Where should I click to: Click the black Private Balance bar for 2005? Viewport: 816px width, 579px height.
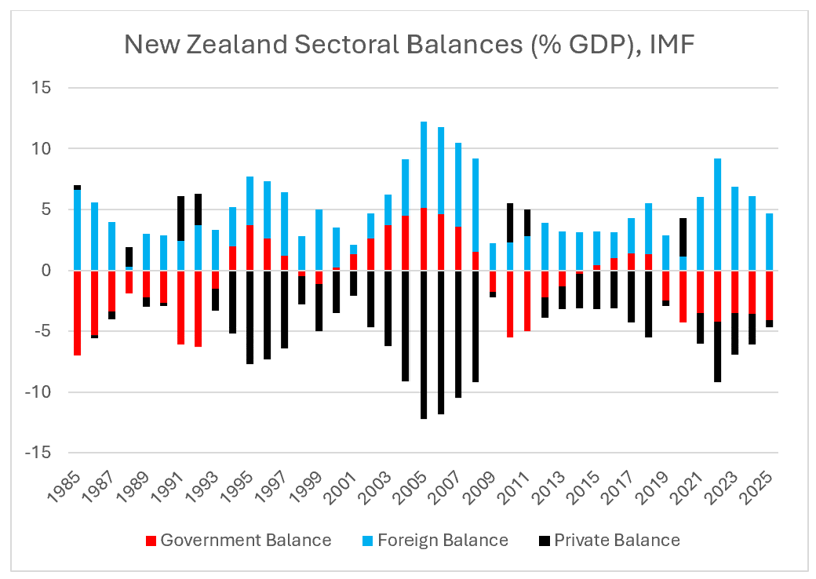(x=424, y=345)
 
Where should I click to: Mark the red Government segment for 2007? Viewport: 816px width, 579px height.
(x=458, y=249)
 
